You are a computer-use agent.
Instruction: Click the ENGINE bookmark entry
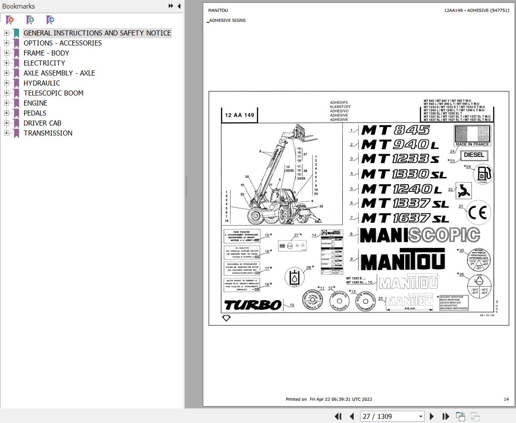35,103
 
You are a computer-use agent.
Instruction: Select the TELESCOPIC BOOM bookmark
53,93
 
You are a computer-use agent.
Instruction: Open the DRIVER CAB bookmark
42,123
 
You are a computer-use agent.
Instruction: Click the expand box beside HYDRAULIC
6,83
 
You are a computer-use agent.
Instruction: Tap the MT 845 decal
395,130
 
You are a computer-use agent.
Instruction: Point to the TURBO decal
253,304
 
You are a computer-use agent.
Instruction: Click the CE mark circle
479,212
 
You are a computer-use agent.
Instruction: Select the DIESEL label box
474,155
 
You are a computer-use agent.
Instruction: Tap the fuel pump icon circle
483,174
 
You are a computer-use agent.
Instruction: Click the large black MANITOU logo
402,259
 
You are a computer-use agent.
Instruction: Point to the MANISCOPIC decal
419,235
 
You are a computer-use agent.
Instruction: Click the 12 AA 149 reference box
240,115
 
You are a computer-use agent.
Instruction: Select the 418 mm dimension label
409,308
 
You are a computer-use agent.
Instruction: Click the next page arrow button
432,416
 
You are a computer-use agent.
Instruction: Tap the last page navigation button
446,416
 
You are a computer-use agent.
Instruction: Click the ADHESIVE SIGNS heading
227,20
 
